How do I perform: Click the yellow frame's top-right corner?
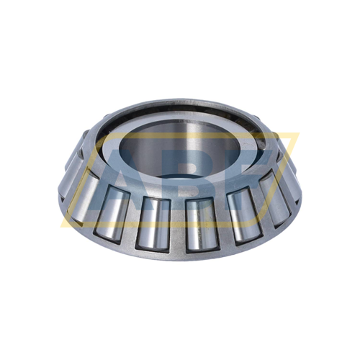[x=297, y=133]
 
